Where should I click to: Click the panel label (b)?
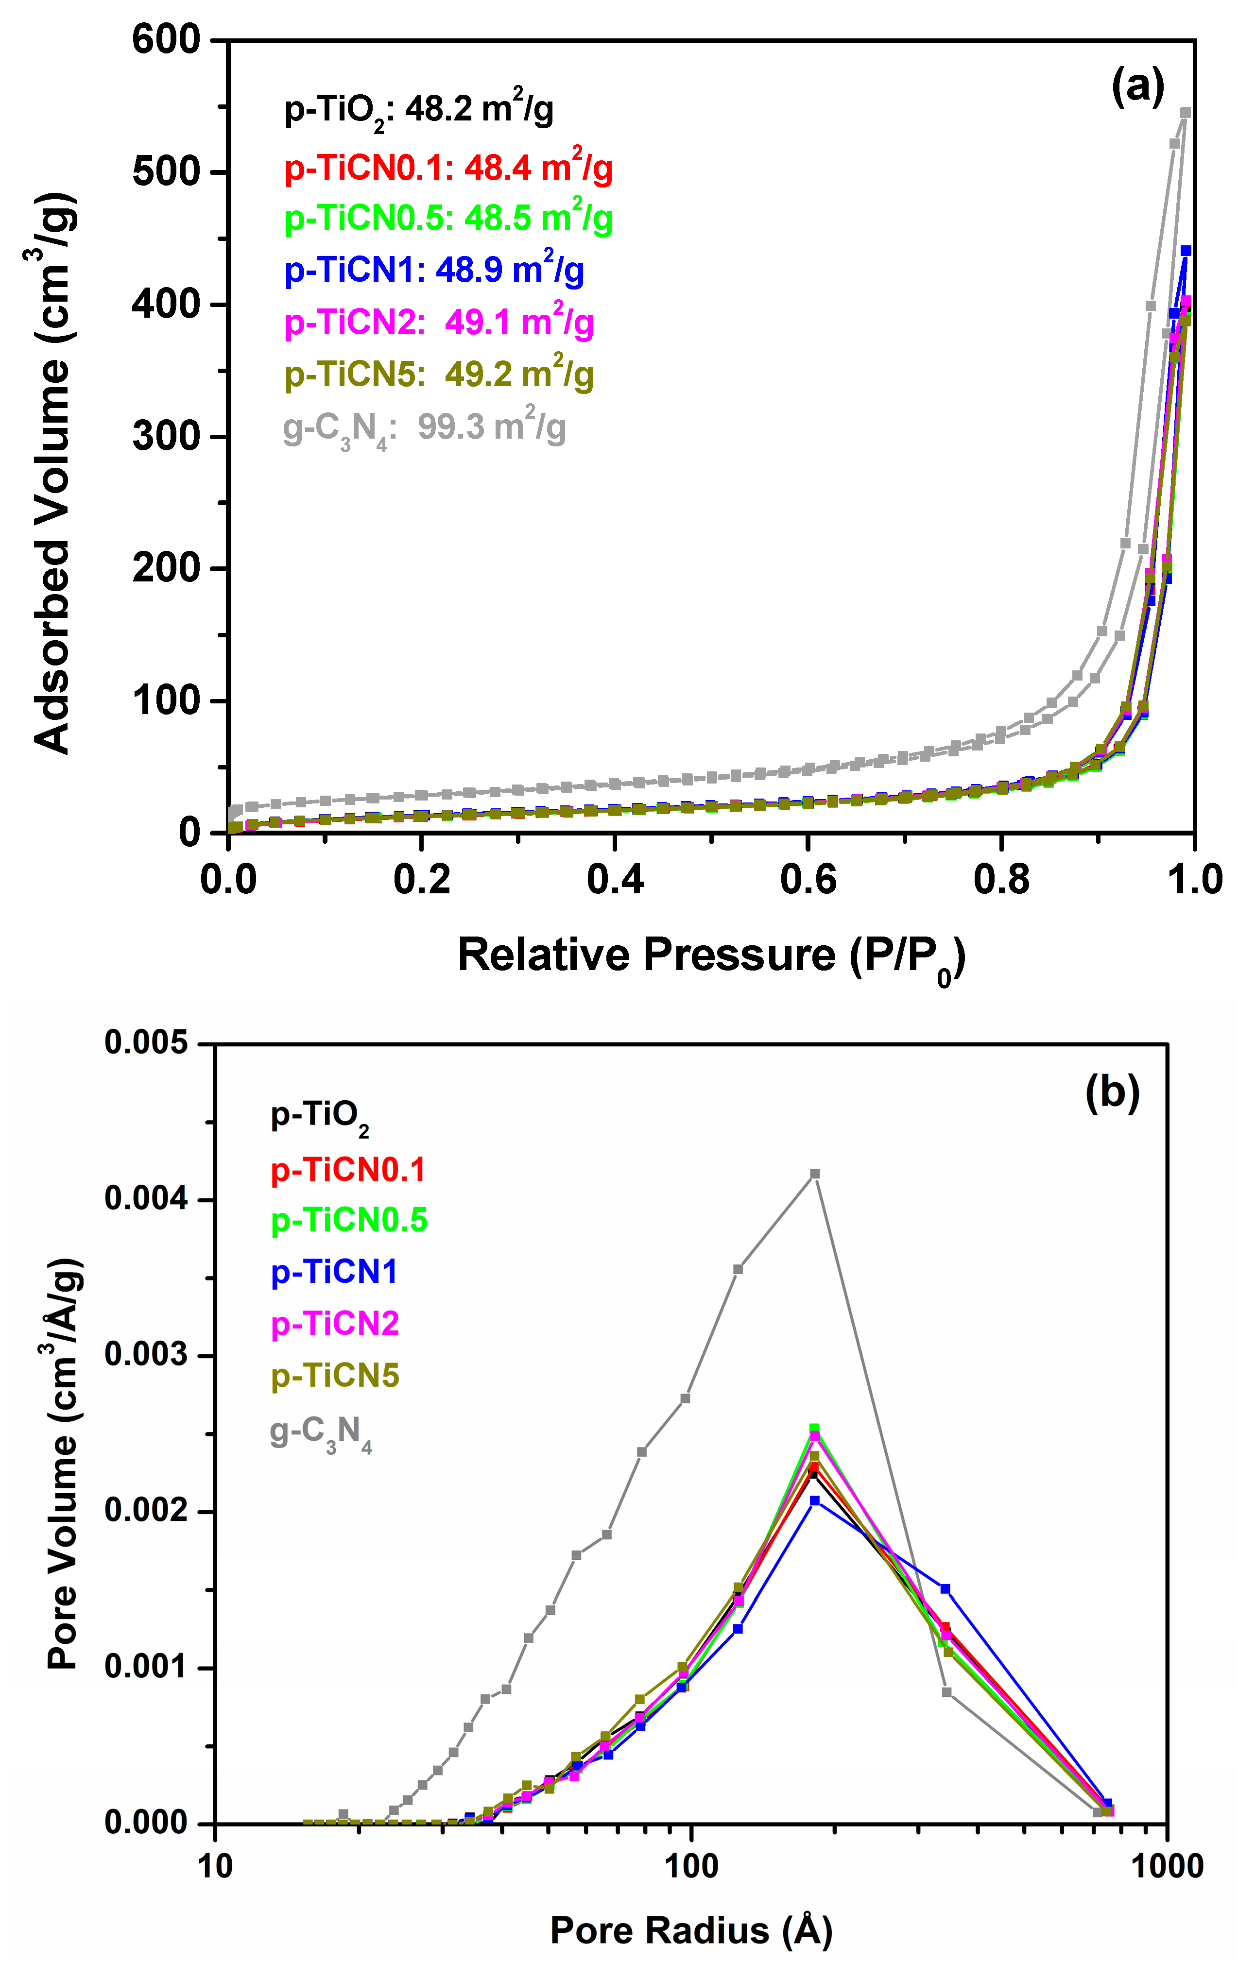click(1112, 1092)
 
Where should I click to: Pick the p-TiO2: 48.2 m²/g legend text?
click(419, 110)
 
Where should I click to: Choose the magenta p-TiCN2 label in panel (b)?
click(335, 1323)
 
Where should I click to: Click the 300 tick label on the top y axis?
click(167, 437)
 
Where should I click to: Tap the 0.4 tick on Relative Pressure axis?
click(615, 880)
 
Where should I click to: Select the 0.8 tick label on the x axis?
click(1002, 880)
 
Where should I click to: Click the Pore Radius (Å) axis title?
click(691, 1929)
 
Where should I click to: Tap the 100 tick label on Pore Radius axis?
click(691, 1865)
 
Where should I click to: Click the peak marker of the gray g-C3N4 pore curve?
click(814, 1174)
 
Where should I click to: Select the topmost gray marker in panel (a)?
click(1185, 112)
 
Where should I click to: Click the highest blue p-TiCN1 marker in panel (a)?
click(1186, 251)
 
